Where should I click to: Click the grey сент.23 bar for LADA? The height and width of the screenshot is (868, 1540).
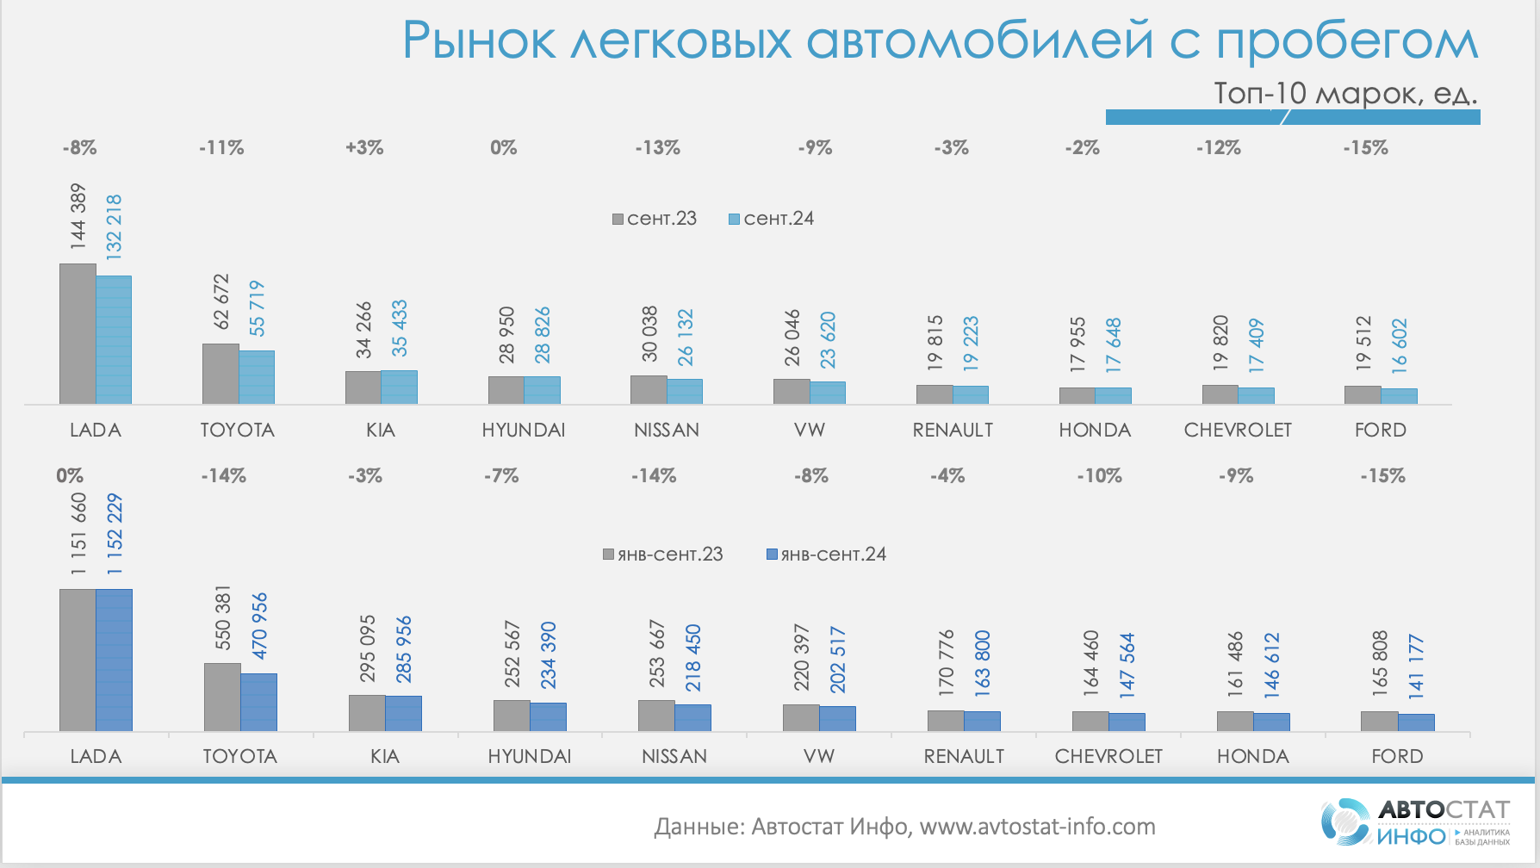(78, 333)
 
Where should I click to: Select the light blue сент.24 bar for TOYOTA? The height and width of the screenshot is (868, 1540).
(257, 377)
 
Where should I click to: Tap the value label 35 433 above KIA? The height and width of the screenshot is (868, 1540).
(400, 328)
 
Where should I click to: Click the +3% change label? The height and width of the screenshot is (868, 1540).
(364, 148)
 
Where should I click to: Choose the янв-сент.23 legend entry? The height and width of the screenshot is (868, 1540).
(663, 555)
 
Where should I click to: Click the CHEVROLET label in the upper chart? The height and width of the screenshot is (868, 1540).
(1238, 430)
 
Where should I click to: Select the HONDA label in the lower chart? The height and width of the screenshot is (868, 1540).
(1252, 756)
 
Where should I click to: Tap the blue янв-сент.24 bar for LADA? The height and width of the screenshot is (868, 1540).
(114, 660)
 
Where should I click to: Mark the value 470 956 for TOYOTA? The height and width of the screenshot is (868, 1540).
(259, 626)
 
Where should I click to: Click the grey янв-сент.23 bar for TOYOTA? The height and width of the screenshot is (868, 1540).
(222, 697)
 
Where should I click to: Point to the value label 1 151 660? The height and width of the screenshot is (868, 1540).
(78, 534)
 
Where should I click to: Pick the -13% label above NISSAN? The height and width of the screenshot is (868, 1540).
(658, 148)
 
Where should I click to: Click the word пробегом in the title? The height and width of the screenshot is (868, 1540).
(1347, 41)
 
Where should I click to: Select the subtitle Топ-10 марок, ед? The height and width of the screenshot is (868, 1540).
(1344, 93)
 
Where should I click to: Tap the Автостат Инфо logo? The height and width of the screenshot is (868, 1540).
(1414, 821)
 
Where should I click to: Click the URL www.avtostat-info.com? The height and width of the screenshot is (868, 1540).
(1037, 827)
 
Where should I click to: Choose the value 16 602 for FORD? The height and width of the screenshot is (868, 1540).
(1399, 346)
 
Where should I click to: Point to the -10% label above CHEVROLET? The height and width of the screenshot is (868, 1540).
(1099, 476)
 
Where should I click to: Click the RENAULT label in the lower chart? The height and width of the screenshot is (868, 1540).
(964, 756)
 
